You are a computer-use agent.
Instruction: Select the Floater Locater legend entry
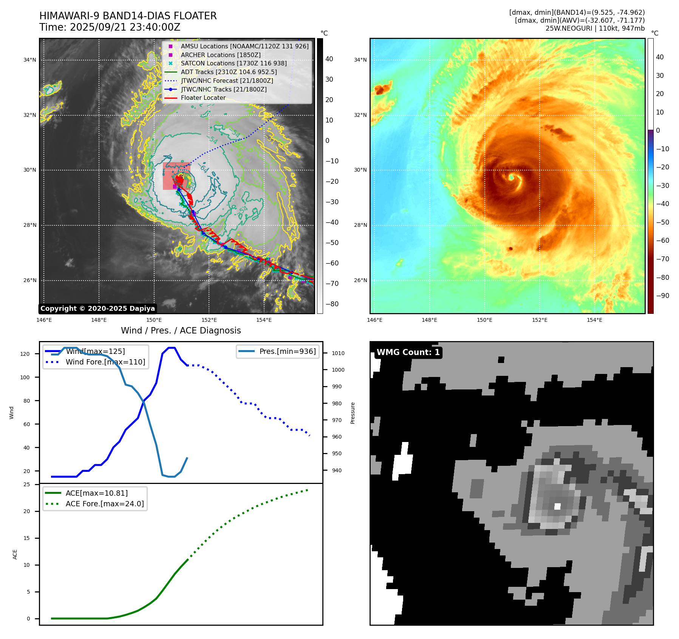pos(195,98)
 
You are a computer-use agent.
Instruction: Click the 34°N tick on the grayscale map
pos(30,60)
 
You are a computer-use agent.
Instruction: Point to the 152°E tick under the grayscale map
pos(209,320)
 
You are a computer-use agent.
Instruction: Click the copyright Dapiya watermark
pos(97,309)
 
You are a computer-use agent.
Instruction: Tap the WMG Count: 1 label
pos(408,352)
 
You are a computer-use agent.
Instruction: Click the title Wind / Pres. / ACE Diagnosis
pos(181,330)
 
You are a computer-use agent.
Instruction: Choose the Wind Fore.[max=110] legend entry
pos(95,362)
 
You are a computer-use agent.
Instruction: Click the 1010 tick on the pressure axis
pos(338,353)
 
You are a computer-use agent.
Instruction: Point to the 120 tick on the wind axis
pos(25,354)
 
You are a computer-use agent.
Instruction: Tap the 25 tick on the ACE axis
pos(27,484)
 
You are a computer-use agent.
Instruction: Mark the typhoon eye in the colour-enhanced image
pos(511,177)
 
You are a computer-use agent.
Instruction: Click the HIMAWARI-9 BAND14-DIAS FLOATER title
pos(128,16)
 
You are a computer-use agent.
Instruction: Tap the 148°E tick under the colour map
pos(430,320)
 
